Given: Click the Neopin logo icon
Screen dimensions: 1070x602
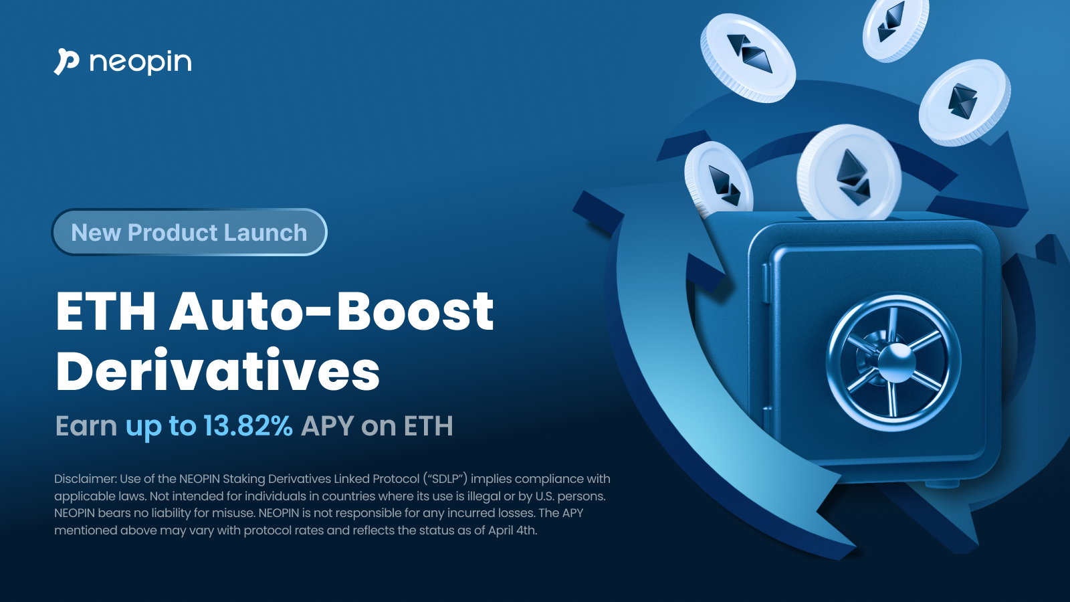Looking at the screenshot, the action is coord(66,62).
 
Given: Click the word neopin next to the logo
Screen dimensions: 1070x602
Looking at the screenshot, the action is coord(140,63).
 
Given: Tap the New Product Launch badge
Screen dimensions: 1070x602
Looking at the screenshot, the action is coord(189,232).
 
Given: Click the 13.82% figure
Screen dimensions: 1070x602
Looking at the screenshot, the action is coord(248,425).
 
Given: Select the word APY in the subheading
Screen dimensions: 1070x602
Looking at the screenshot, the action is coord(327,425).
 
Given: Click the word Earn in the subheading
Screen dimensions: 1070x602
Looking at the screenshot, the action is coord(86,425).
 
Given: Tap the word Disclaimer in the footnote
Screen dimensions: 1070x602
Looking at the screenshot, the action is coord(85,479).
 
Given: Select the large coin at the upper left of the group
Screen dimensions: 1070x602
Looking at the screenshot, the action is coord(748,58).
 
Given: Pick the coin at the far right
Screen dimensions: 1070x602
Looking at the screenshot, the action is coord(965,102).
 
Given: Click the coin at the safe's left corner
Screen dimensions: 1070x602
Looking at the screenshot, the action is coord(719,179).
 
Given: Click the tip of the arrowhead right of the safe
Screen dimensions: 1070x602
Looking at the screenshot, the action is coord(1028,209).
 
